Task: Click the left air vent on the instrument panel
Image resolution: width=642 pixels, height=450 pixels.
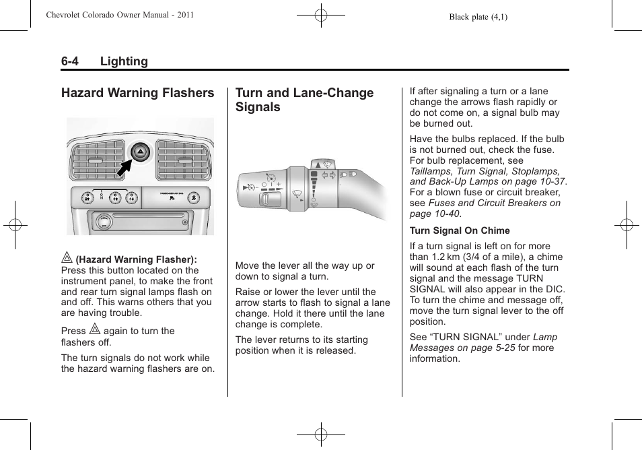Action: (96, 160)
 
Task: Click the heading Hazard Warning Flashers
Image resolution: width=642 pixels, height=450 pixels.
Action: (137, 93)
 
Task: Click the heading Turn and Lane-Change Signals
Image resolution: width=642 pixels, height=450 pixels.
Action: (304, 100)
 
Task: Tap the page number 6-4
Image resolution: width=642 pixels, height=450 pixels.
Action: (69, 61)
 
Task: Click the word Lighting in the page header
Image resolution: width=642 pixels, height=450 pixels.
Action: (124, 61)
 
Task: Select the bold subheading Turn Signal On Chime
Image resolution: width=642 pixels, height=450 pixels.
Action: (460, 230)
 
